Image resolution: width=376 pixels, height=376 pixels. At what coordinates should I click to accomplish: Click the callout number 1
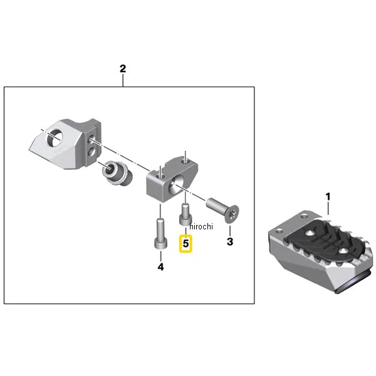point(328,197)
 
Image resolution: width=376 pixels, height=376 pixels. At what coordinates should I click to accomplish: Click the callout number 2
point(123,69)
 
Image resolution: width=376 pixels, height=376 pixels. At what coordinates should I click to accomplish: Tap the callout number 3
point(230,242)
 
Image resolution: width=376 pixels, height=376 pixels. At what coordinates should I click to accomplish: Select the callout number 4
point(160,267)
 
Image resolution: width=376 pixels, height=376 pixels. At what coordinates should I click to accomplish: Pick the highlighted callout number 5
point(186,244)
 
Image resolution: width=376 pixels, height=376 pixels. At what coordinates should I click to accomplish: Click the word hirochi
point(201,226)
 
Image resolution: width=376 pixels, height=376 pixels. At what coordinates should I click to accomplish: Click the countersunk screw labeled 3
point(222,209)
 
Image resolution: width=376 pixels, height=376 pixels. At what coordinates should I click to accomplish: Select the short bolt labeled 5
point(185,215)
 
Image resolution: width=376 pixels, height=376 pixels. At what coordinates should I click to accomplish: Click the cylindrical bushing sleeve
point(117,173)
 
